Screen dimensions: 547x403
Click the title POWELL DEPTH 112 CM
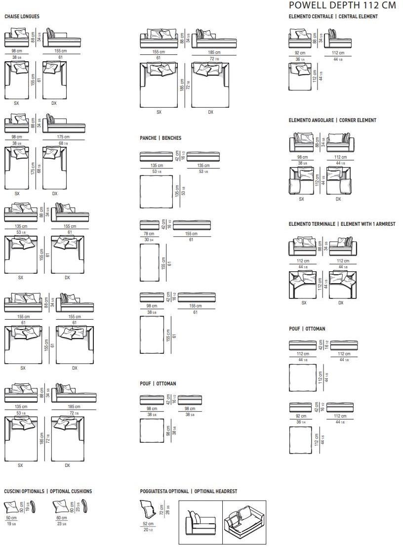click(342, 5)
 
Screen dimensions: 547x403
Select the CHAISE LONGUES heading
click(22, 17)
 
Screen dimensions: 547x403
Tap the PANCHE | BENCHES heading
click(161, 138)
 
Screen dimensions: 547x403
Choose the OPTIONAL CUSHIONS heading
click(48, 491)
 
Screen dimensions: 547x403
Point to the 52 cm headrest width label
click(148, 523)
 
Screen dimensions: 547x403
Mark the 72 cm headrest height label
click(161, 509)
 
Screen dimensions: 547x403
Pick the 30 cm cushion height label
click(22, 507)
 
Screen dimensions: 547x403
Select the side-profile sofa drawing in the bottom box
click(200, 522)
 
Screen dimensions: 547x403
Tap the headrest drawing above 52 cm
click(148, 509)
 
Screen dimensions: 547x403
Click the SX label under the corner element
click(301, 199)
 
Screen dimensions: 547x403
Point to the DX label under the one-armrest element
click(341, 303)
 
